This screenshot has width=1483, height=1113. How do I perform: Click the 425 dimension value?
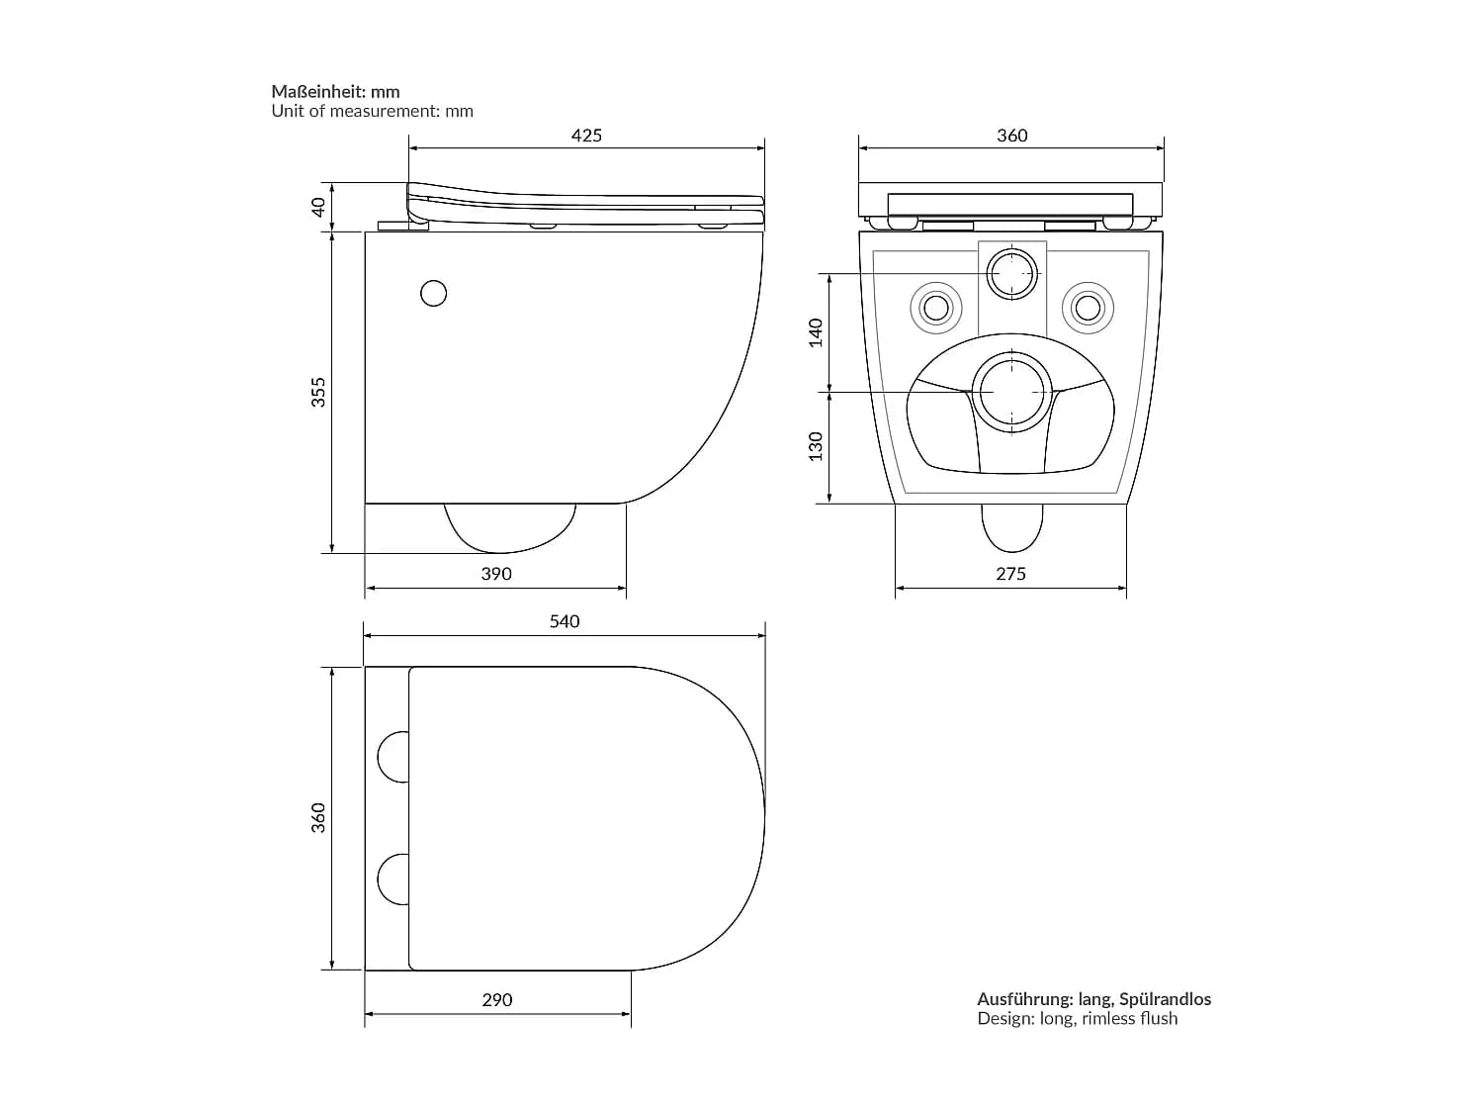click(585, 136)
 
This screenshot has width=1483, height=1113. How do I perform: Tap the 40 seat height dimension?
click(318, 207)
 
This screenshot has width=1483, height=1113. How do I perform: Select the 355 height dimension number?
click(318, 392)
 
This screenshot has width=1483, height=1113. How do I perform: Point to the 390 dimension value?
click(496, 574)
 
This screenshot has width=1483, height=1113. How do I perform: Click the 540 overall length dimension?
click(565, 621)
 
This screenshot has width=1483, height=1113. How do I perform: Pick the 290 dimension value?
click(496, 1000)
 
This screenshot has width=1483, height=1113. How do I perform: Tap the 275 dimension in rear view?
click(1010, 574)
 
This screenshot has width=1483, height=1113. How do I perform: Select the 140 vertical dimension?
click(817, 332)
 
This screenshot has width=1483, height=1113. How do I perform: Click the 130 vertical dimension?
click(817, 446)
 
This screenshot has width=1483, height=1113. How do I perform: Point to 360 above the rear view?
click(1012, 136)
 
